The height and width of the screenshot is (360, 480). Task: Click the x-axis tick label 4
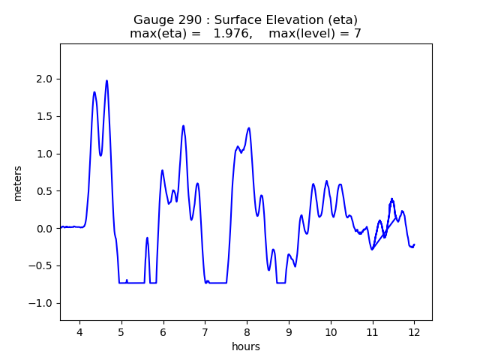79,332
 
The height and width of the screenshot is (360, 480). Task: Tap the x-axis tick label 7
205,332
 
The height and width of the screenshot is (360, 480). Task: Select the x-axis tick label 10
330,332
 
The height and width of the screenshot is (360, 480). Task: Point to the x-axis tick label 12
413,332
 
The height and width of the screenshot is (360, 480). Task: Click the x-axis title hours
246,346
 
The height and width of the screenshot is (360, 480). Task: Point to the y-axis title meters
18,182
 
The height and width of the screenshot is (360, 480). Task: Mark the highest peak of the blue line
106,80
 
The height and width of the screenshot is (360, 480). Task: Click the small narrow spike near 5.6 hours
147,238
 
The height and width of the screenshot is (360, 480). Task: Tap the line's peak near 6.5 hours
183,126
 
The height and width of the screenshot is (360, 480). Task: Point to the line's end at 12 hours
413,244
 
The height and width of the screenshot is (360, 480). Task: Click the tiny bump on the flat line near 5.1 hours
127,280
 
